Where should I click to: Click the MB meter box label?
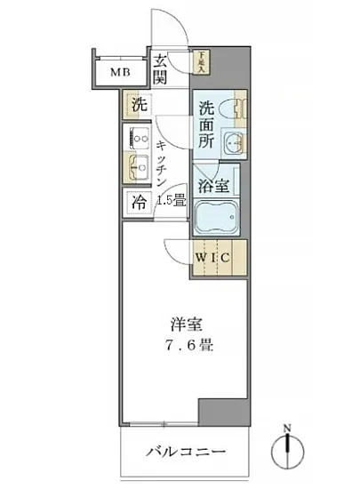[120, 72]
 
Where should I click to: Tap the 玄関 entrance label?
[161, 69]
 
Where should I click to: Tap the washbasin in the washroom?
[233, 142]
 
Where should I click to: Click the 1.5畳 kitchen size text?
[171, 201]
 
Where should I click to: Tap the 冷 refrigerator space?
[139, 201]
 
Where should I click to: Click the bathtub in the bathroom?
[217, 217]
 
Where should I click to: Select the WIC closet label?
[215, 259]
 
